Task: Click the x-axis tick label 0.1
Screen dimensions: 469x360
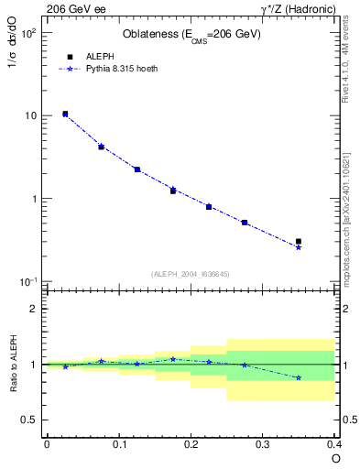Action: tap(118, 444)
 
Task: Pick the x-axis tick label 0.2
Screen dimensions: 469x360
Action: tap(191, 444)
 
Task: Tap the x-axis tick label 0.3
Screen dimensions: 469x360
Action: tap(263, 444)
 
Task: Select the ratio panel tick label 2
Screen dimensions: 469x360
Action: tap(34, 309)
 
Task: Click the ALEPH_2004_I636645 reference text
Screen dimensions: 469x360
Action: tap(191, 274)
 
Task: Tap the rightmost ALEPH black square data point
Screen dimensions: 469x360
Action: tap(299, 242)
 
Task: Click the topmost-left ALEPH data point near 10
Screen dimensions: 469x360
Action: tap(65, 114)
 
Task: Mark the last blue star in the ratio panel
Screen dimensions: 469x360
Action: tap(299, 377)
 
